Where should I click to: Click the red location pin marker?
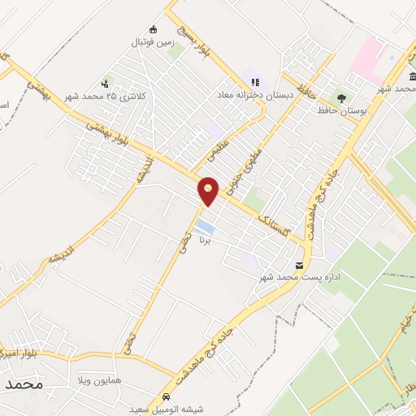coord(209,190)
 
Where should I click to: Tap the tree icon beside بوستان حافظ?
coord(340,97)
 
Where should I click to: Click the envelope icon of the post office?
coord(301,266)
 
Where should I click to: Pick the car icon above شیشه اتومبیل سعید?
coord(167,396)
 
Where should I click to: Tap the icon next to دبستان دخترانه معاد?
coord(255,82)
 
